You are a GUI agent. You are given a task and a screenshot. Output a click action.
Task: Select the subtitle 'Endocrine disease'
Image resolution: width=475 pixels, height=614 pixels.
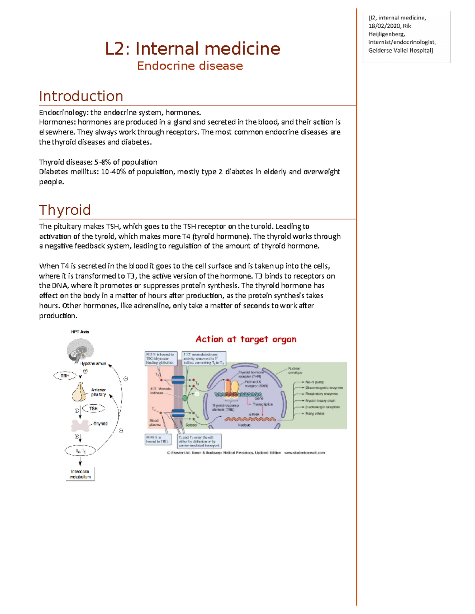(190, 66)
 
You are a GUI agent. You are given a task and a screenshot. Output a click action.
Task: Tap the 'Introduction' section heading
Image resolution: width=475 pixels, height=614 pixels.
(81, 96)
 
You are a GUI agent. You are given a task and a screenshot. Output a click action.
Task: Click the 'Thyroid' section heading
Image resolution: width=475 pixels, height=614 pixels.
(65, 210)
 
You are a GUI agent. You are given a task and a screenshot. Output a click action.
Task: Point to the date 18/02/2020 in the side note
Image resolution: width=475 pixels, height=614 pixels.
(384, 26)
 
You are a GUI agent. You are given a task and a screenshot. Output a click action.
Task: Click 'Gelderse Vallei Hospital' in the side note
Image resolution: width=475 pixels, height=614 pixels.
(400, 51)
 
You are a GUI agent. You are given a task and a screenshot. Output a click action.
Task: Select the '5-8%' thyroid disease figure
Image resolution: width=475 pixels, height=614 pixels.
(102, 162)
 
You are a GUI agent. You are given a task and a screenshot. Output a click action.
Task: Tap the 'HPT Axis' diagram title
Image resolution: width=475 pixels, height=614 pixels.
(80, 332)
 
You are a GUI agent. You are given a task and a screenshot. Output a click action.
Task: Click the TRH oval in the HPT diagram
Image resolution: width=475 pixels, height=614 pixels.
(65, 376)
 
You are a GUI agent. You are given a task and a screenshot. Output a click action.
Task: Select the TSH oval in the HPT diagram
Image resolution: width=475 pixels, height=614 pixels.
(93, 408)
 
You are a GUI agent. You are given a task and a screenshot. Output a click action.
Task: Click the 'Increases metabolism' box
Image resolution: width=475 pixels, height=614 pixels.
(80, 474)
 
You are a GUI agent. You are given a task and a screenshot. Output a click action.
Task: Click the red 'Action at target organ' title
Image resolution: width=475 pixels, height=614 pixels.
(246, 339)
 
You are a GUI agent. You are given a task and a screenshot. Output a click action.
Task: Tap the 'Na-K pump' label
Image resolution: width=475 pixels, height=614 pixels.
(315, 382)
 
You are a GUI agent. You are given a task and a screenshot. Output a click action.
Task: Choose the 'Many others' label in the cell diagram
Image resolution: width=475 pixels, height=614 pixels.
(315, 414)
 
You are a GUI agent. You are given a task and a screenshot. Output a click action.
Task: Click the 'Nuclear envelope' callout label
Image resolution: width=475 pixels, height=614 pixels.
(295, 370)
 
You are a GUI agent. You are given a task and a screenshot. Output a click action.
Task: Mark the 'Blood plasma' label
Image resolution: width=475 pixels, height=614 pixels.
(154, 423)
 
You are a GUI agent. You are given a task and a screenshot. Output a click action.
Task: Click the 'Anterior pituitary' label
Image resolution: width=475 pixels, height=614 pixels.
(98, 392)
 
